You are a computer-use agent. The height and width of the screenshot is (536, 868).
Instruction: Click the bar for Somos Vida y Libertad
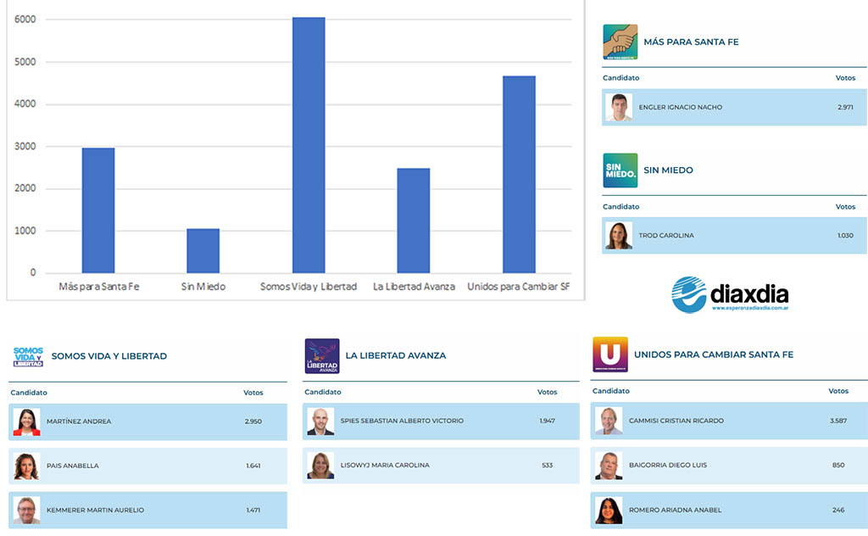point(309,145)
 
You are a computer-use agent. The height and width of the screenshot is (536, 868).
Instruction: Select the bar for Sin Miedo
point(203,251)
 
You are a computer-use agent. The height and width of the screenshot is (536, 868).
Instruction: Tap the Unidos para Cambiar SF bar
point(519,175)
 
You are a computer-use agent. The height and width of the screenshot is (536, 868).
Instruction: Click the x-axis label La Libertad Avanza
point(414,287)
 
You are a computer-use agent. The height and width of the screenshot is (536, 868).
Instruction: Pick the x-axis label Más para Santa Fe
point(98,287)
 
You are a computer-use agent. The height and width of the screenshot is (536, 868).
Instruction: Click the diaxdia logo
point(730,295)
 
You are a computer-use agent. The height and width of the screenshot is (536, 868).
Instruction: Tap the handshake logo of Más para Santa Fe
point(620,42)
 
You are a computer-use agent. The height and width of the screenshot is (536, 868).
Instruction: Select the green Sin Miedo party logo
point(620,170)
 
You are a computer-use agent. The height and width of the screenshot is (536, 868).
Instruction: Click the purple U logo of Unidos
point(609,355)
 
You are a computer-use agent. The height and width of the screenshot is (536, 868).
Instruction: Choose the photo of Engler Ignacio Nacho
point(619,108)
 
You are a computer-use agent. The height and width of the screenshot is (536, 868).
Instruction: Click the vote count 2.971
point(845,108)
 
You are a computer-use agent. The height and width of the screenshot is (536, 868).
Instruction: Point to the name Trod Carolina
point(666,236)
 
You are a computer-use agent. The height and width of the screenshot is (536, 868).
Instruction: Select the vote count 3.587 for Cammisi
point(838,422)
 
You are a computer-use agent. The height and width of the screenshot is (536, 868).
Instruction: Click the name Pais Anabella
point(73,466)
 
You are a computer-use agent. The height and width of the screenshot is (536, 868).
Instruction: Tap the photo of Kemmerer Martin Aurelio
point(26,510)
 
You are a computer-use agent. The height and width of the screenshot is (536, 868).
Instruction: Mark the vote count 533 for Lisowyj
point(548,466)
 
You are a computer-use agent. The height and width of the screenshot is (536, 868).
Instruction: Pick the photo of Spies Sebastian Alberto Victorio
point(320,422)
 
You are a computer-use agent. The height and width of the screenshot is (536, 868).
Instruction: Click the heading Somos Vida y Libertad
point(109,356)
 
